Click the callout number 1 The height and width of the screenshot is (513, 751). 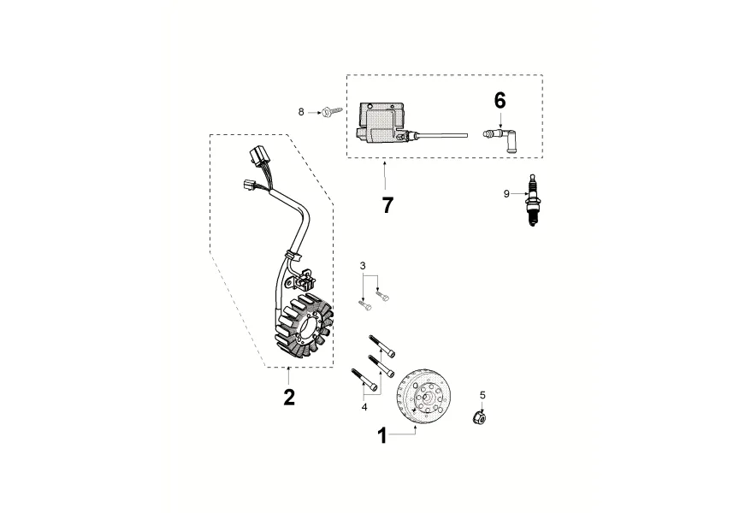[382, 436]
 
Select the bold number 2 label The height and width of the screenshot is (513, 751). [289, 397]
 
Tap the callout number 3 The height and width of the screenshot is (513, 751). [363, 267]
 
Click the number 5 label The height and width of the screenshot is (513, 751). [482, 395]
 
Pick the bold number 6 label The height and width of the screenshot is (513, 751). [500, 100]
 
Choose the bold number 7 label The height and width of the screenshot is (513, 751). [387, 205]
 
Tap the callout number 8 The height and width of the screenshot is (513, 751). [301, 112]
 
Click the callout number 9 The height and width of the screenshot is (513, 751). [506, 194]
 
